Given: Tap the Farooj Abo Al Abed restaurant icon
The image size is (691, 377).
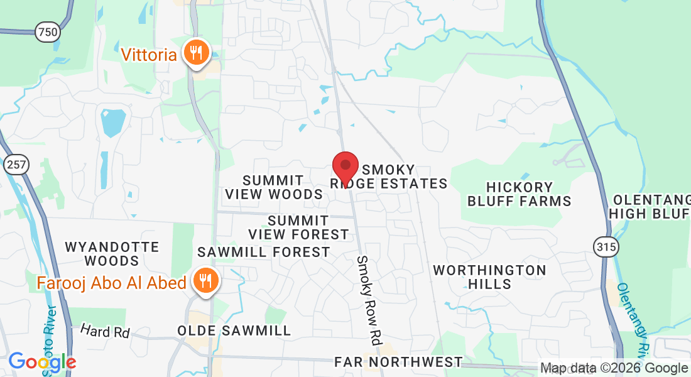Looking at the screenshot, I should click(x=205, y=281).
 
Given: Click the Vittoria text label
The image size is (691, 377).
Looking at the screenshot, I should click(x=149, y=55).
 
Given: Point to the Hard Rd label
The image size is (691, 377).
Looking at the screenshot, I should click(x=105, y=332).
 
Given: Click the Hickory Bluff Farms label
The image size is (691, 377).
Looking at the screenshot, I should click(x=519, y=194).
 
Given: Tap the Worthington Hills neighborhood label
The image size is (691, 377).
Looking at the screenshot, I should click(x=489, y=277).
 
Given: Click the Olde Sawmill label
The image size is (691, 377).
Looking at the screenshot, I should click(x=234, y=331).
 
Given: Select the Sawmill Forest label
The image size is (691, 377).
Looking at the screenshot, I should click(x=264, y=252).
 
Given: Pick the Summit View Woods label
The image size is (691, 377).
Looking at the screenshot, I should click(x=274, y=187).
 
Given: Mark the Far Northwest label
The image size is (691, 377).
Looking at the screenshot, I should click(x=398, y=362).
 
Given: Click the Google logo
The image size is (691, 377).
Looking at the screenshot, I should click(x=42, y=362).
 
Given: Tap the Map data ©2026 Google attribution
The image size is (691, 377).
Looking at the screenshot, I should click(x=614, y=368).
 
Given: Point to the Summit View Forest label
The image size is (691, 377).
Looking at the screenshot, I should click(x=298, y=227).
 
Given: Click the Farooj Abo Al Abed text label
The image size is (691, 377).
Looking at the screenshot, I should click(x=111, y=283).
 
